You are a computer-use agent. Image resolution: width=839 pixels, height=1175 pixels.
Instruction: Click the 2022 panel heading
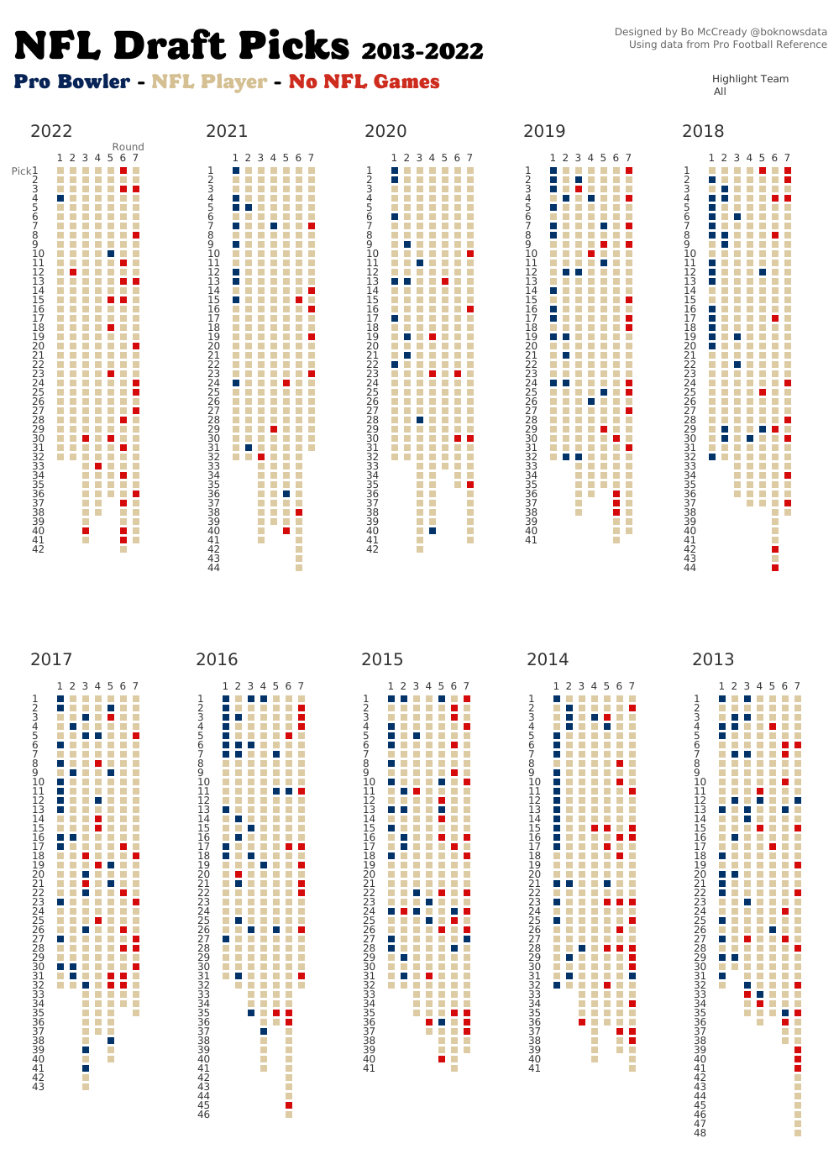pyautogui.click(x=51, y=131)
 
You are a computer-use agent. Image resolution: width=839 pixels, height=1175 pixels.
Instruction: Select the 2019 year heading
pyautogui.click(x=544, y=131)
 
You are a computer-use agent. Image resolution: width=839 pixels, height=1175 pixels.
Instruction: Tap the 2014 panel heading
pyautogui.click(x=548, y=659)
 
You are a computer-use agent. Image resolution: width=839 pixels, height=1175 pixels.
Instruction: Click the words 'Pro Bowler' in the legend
pyautogui.click(x=72, y=82)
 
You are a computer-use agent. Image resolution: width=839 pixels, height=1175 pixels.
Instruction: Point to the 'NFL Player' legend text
pyautogui.click(x=209, y=82)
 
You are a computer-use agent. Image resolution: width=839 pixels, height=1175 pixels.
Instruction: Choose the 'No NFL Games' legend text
pyautogui.click(x=364, y=82)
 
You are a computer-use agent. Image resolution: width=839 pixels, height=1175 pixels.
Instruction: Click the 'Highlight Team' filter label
pyautogui.click(x=750, y=79)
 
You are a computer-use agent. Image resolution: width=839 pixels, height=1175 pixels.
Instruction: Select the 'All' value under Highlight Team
pyautogui.click(x=720, y=92)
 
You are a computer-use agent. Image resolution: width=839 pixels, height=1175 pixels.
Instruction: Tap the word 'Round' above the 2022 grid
pyautogui.click(x=128, y=147)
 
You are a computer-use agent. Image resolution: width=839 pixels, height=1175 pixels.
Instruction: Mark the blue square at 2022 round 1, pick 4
pyautogui.click(x=60, y=198)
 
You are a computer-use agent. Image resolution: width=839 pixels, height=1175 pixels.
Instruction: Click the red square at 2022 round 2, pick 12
pyautogui.click(x=73, y=272)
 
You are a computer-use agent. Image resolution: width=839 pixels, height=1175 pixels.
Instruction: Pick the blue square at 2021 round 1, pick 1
pyautogui.click(x=236, y=170)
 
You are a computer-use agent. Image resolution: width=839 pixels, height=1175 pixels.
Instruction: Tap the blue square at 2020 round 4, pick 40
pyautogui.click(x=433, y=531)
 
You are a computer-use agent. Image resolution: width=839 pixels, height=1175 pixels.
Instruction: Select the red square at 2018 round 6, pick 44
pyautogui.click(x=775, y=568)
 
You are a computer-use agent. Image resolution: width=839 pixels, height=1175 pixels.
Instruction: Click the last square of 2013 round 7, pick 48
pyautogui.click(x=798, y=1133)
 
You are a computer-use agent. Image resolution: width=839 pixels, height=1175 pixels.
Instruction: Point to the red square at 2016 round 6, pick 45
pyautogui.click(x=289, y=1105)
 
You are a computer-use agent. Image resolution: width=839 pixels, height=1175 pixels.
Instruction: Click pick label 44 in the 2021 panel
pyautogui.click(x=213, y=568)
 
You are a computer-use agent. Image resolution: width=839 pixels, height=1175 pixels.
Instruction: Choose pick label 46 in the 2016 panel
pyautogui.click(x=203, y=1115)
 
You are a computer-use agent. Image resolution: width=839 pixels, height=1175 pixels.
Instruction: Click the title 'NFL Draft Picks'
pyautogui.click(x=181, y=46)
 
